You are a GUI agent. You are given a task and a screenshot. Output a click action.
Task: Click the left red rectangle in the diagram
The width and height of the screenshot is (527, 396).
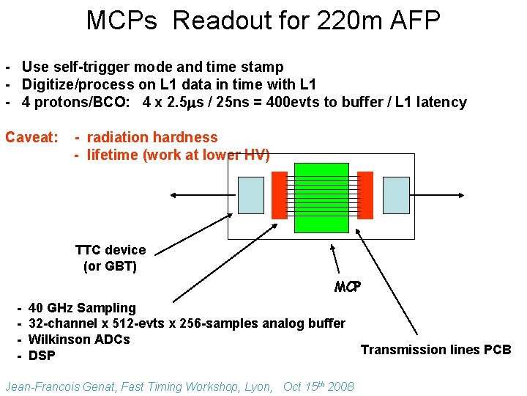[279, 196]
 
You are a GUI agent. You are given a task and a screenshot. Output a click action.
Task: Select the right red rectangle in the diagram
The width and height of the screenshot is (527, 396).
[365, 196]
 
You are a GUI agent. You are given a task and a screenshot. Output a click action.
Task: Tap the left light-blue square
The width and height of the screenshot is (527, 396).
[251, 195]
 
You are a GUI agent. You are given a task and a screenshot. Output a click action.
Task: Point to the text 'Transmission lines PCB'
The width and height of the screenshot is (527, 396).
[436, 350]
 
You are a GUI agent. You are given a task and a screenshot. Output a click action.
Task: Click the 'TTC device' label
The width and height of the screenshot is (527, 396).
[111, 250]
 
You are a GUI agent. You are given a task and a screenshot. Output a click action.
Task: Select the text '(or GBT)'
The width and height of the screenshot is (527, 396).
[111, 266]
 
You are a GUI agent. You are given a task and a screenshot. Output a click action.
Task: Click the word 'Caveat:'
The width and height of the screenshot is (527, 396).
[31, 137]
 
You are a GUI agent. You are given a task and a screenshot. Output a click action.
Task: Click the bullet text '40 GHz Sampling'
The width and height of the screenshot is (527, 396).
[82, 308]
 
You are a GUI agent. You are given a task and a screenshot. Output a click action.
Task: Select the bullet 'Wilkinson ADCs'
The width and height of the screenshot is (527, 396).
[79, 340]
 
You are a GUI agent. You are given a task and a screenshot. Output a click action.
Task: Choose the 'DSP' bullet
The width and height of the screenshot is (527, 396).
[42, 356]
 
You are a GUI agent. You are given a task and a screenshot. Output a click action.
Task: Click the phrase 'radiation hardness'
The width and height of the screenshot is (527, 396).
[152, 137]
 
